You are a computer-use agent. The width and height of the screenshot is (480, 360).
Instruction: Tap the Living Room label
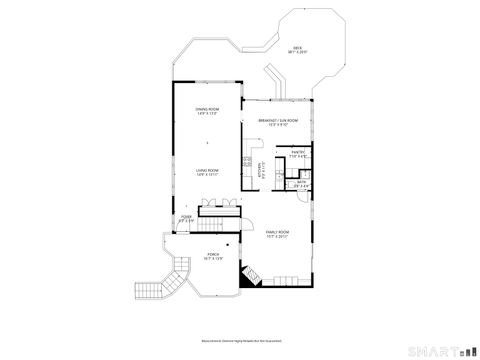point(207,170)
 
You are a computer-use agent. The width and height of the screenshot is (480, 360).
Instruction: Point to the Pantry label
point(297,151)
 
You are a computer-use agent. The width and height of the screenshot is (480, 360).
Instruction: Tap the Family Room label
point(277,232)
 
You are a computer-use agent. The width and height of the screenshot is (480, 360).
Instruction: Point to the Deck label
point(297,48)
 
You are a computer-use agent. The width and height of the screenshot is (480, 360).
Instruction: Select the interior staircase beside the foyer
point(220,205)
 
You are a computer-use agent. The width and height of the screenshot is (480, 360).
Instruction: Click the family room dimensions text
point(277,237)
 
